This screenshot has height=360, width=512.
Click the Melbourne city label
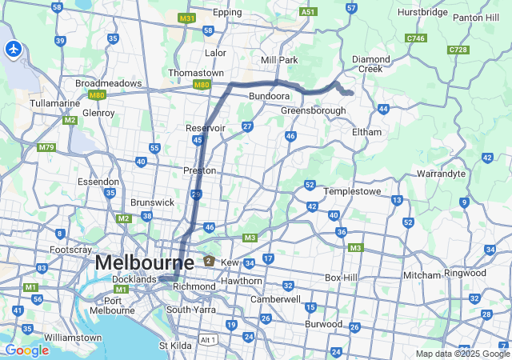coord(144,262)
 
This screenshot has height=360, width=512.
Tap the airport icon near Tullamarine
coord(13,50)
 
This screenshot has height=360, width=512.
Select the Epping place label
coord(227,14)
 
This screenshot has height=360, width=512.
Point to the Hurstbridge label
coord(424,14)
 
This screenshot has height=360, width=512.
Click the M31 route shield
coord(186,18)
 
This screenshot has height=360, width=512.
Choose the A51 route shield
coord(308,12)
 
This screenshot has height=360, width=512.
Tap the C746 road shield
coord(416,38)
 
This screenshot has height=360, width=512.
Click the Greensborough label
coord(313,110)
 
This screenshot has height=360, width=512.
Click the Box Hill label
coord(342,278)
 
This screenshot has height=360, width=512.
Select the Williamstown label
coord(73,338)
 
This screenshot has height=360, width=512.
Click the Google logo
coord(26,350)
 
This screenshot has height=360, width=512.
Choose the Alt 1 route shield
coord(208,339)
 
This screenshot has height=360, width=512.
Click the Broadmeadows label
coord(108,83)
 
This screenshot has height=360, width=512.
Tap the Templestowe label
coord(353,192)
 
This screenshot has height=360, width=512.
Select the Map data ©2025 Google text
coord(462,354)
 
